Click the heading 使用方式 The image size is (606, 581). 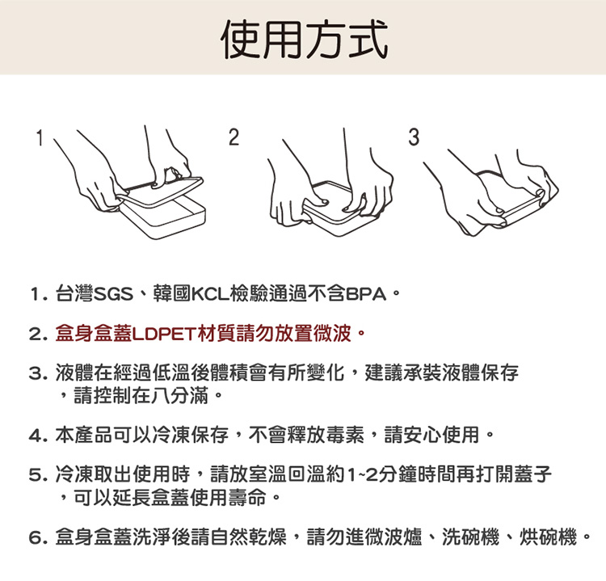click(x=304, y=40)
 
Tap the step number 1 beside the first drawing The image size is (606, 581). click(x=39, y=138)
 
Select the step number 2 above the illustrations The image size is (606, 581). click(x=234, y=137)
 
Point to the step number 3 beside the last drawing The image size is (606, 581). click(x=414, y=137)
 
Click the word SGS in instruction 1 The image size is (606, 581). click(x=114, y=295)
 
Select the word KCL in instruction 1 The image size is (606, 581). click(x=211, y=295)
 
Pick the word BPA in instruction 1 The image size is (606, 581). click(x=366, y=295)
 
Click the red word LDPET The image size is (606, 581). click(x=165, y=334)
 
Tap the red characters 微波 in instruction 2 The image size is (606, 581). click(x=332, y=334)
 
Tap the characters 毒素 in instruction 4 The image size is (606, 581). click(x=346, y=435)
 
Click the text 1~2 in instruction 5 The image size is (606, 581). click(x=362, y=475)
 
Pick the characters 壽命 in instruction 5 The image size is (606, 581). click(x=247, y=498)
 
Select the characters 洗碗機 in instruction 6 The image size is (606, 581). click(x=471, y=537)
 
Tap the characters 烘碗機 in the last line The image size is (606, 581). click(x=548, y=537)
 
